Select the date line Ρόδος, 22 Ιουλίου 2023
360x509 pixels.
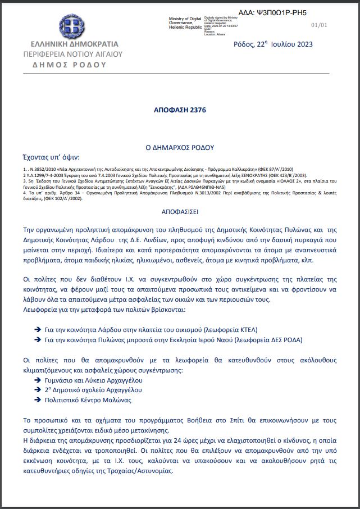[x=273, y=44]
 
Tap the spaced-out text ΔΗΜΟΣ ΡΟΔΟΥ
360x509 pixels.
[x=69, y=65]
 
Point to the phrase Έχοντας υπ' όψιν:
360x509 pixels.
[x=51, y=157]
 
